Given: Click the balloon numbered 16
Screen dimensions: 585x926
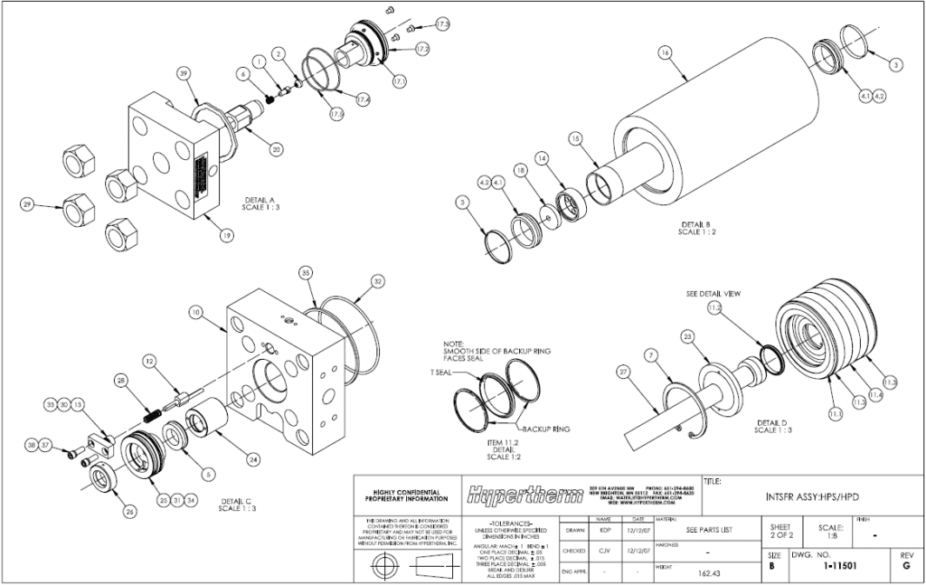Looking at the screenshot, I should pos(666,53).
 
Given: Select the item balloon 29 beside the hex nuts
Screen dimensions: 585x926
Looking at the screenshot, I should pos(27,206).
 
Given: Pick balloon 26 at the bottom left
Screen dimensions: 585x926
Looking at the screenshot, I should pos(129,511).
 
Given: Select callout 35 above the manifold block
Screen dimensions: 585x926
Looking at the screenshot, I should pos(306,272).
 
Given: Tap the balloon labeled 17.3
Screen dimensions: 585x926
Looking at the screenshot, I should pos(443,22).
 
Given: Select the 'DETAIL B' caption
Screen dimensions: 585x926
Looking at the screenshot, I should pos(696,227).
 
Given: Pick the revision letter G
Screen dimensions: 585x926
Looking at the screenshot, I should pos(906,566).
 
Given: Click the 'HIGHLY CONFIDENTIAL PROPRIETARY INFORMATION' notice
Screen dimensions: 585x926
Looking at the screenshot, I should pos(404,495).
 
